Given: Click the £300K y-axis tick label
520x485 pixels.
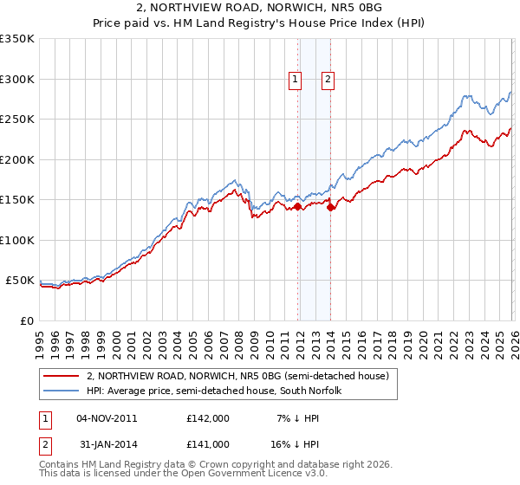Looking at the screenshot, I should pos(17,79).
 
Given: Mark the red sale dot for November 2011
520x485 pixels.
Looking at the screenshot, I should pos(297,207).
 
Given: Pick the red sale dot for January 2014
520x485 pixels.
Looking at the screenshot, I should pos(331,208).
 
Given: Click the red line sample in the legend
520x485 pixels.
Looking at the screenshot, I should pos(62,376).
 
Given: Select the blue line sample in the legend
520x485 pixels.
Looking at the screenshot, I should pos(62,391).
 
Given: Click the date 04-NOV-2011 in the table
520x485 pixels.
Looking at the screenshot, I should pos(107,418).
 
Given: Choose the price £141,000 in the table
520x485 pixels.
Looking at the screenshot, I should pos(208,443).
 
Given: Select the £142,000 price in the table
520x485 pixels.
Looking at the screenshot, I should pos(208,418).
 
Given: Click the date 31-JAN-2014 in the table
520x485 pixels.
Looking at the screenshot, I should pos(107,443).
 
